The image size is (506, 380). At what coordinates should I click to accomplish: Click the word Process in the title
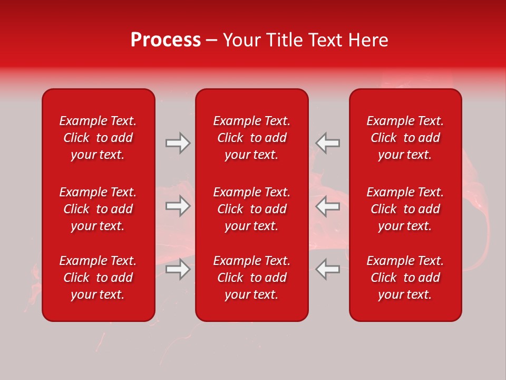166,40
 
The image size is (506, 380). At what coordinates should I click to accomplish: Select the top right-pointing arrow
178,143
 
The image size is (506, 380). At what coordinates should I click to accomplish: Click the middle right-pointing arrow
178,206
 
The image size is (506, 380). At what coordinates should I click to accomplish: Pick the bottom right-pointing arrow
178,269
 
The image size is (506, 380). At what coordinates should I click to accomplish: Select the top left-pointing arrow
327,143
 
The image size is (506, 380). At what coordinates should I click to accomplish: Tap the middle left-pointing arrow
327,206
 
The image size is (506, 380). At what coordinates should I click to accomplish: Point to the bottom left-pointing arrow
327,269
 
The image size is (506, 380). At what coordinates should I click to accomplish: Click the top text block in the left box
98,138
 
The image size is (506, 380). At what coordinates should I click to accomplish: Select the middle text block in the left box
98,209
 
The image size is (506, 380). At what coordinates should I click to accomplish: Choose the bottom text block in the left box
98,278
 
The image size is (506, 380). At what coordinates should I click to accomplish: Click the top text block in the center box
252,138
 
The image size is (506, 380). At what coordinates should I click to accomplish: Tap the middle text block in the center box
252,209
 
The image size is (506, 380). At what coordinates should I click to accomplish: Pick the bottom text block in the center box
252,278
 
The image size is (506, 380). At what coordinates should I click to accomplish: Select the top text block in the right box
405,138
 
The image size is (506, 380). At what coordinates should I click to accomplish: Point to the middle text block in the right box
405,209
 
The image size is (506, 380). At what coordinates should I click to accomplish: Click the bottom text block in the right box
405,278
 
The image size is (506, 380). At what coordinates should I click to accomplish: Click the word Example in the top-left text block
82,121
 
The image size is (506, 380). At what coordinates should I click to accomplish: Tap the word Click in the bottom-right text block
384,278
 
